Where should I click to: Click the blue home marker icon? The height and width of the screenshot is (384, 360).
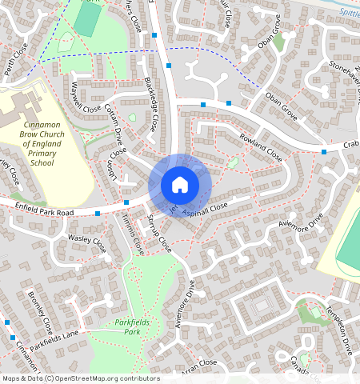pyautogui.click(x=180, y=185)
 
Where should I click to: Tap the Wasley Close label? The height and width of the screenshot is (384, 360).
pyautogui.click(x=87, y=239)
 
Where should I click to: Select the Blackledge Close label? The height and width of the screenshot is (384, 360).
pyautogui.click(x=151, y=105)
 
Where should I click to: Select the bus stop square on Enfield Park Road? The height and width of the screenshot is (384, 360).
pyautogui.click(x=98, y=214)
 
